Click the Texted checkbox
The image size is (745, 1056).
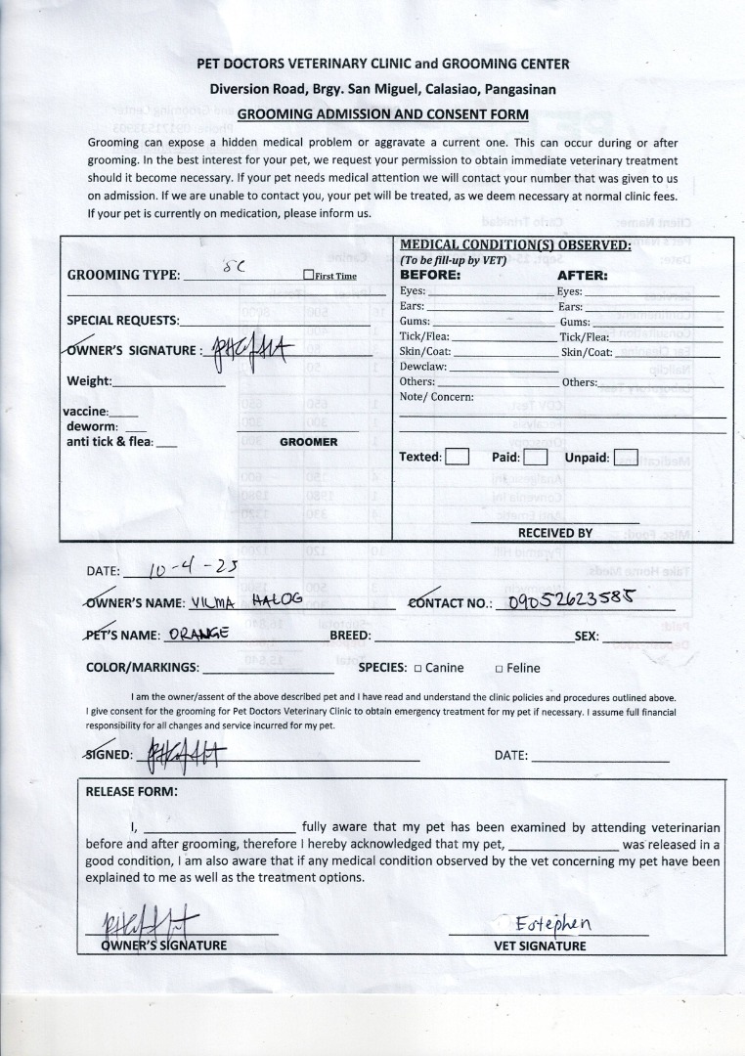[x=458, y=457]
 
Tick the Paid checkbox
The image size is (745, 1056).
[x=534, y=457]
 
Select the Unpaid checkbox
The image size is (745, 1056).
[x=626, y=457]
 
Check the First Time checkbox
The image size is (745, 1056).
[x=308, y=276]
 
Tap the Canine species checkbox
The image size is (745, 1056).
[x=417, y=669]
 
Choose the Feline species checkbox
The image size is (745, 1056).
[x=499, y=669]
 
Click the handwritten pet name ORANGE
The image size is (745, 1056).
[x=198, y=633]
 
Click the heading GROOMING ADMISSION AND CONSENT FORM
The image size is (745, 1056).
[x=382, y=113]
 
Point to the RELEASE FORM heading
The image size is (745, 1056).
[x=132, y=791]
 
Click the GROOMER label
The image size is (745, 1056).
[x=309, y=442]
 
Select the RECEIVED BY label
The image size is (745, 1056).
[x=555, y=533]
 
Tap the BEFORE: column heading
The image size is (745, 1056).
[x=430, y=276]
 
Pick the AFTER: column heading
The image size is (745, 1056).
[x=583, y=276]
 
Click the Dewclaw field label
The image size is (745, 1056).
[x=422, y=366]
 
